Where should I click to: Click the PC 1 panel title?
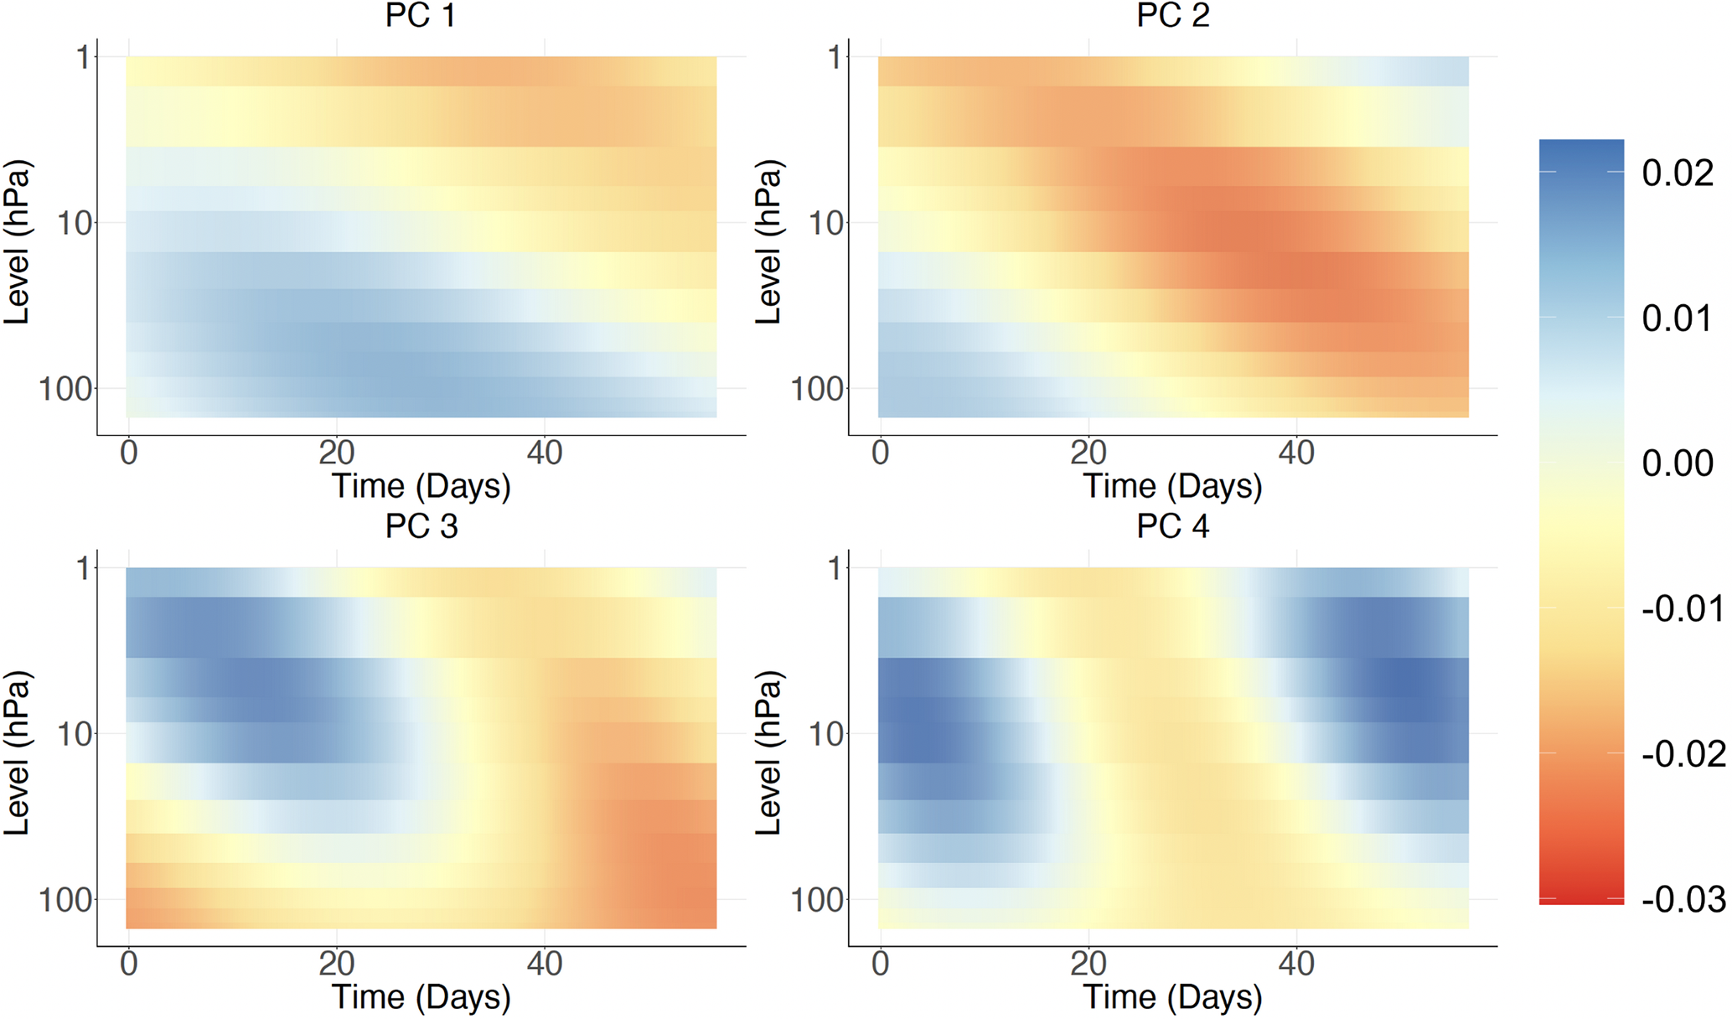click(x=421, y=15)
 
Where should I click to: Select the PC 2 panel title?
click(x=1172, y=15)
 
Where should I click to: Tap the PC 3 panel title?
click(x=421, y=525)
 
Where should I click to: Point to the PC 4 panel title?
click(x=1172, y=525)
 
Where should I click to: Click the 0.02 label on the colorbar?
click(x=1678, y=173)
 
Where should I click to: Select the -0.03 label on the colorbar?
click(x=1683, y=899)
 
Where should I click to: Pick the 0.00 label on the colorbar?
click(x=1678, y=463)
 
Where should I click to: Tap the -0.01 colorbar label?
click(x=1683, y=608)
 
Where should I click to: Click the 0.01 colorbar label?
click(x=1678, y=318)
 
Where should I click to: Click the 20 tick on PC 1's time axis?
click(x=336, y=453)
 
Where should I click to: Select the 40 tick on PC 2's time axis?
click(x=1296, y=453)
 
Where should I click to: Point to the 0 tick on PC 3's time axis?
click(x=128, y=964)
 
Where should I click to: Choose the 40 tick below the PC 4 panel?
click(x=1296, y=964)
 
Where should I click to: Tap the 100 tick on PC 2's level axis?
click(x=817, y=389)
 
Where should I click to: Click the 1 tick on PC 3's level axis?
click(x=83, y=568)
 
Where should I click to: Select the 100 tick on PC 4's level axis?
click(x=817, y=900)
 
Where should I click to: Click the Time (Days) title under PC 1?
click(x=421, y=486)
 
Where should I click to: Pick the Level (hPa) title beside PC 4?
click(x=768, y=753)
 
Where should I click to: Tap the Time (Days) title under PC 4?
click(x=1172, y=997)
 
